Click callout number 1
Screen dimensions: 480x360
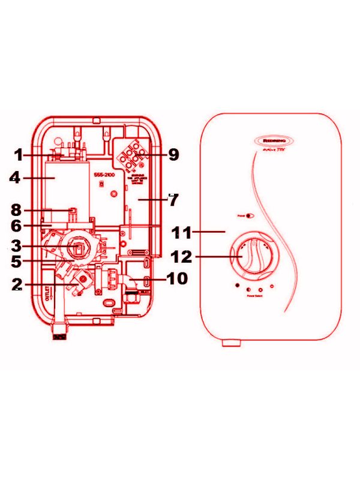point(19,155)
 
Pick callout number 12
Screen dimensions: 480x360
point(181,257)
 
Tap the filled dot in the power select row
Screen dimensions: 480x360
point(238,284)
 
